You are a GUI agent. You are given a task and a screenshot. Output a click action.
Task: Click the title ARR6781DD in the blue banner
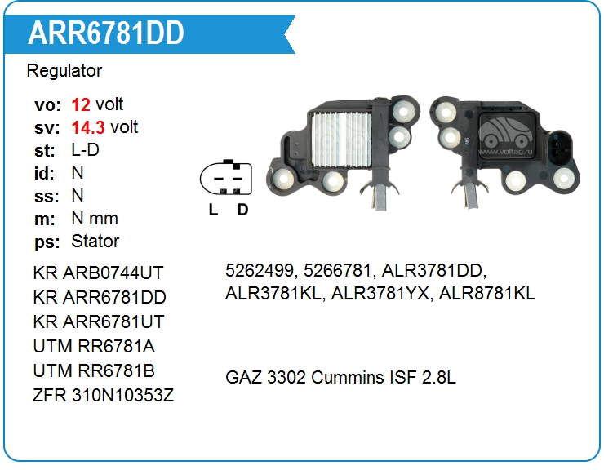[x=106, y=33]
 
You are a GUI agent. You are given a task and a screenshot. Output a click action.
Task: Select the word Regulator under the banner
[x=64, y=71]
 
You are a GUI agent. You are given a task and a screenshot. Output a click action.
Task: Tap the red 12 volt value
[x=81, y=104]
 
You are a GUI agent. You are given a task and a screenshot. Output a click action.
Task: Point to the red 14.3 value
[x=88, y=127]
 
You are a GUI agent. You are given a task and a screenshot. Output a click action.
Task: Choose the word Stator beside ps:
[x=95, y=242]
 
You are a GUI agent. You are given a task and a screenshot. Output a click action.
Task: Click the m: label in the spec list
[x=45, y=219]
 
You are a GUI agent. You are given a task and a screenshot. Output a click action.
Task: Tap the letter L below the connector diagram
[x=213, y=210]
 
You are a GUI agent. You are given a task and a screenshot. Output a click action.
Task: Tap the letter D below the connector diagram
[x=242, y=210]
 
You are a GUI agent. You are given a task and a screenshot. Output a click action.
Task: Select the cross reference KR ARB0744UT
[x=99, y=273]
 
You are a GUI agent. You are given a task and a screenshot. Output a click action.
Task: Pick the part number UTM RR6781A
[x=94, y=346]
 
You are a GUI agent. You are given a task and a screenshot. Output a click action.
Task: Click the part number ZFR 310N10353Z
[x=104, y=396]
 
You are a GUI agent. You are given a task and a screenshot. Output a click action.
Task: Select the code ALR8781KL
[x=487, y=294]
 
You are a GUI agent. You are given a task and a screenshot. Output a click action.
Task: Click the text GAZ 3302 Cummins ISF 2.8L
[x=340, y=378]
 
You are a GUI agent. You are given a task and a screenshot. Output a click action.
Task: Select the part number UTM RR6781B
[x=94, y=370]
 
